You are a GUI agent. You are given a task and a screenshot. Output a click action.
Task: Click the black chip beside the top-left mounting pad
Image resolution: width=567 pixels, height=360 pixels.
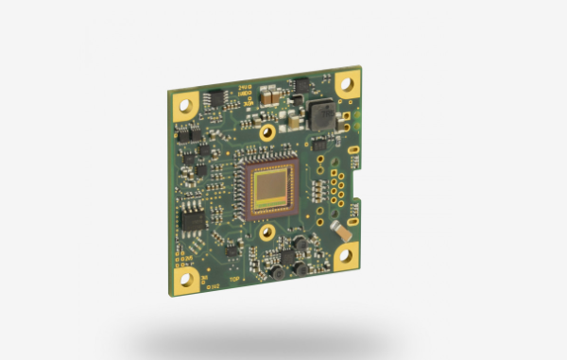pyautogui.click(x=215, y=96)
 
